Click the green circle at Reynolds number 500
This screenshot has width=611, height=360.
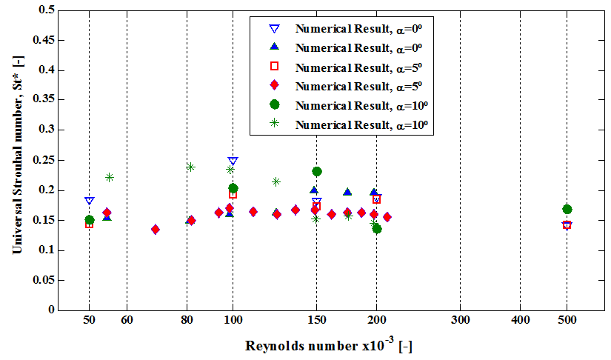click(567, 210)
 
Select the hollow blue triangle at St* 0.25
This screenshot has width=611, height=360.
click(233, 161)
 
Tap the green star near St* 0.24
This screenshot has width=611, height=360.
click(190, 167)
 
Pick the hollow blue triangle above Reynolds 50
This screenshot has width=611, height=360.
click(90, 200)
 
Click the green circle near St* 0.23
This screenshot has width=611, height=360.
click(317, 172)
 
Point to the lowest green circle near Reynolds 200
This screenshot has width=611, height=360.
click(377, 229)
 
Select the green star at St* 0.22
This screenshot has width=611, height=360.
click(110, 177)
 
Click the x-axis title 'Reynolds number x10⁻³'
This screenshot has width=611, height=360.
click(330, 346)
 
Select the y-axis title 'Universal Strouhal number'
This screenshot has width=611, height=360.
click(16, 159)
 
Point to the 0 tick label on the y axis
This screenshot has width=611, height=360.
click(50, 310)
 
